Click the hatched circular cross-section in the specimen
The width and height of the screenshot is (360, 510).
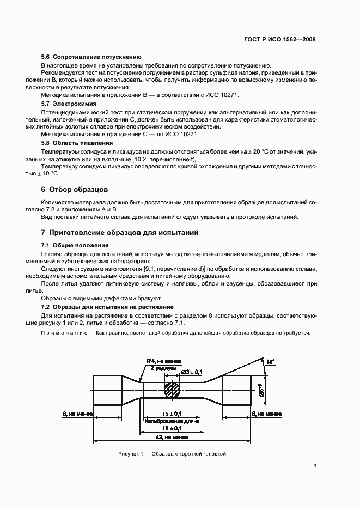coord(173,390)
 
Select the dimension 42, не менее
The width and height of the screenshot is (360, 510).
coord(173,437)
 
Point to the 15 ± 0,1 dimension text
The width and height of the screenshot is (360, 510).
coord(172,414)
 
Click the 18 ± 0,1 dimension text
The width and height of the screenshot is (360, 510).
coord(173,429)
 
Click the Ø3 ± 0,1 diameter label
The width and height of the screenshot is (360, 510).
coord(191,372)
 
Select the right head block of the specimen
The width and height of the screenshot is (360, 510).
coord(237,390)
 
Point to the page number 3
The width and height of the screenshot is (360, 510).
coord(315,466)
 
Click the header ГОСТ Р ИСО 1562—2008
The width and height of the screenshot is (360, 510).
coord(279,39)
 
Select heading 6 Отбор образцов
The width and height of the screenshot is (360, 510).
coord(75,190)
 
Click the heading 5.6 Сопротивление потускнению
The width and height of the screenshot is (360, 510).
coord(91,57)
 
